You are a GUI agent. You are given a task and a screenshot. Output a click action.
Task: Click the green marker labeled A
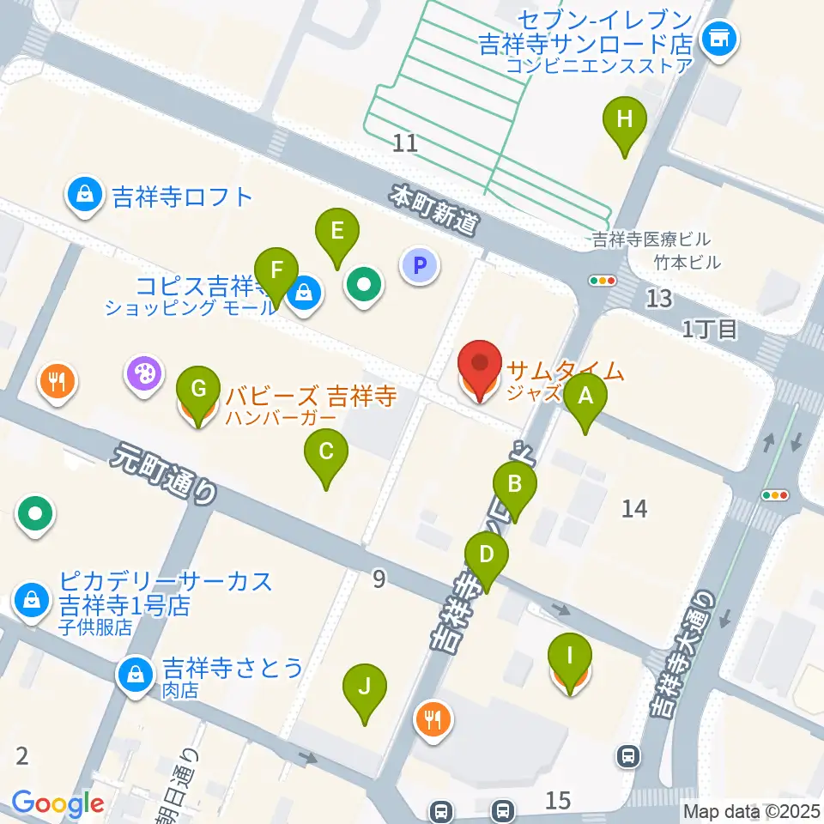586,397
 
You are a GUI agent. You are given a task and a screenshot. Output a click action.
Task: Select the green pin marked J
365,688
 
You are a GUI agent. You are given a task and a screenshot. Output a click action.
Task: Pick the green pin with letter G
198,391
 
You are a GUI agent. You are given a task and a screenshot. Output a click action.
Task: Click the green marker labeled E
336,233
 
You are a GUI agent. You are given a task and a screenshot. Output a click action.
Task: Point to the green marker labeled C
326,452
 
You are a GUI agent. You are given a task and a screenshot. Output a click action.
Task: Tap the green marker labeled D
487,555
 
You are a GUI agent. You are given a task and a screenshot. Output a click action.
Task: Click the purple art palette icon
143,374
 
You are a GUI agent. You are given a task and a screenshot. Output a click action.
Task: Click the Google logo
58,804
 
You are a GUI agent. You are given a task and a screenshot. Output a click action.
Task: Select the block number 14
634,509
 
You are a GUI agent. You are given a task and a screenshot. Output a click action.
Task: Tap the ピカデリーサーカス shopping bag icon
32,598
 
